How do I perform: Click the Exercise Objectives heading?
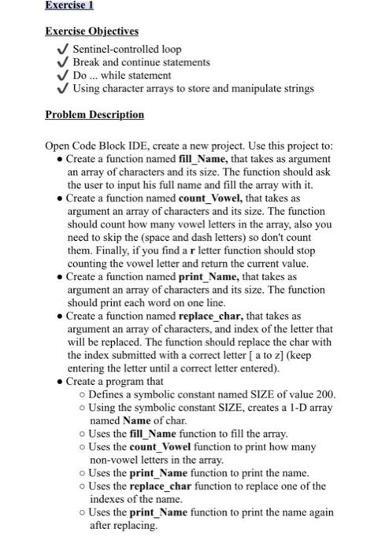(91, 31)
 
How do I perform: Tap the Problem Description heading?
(94, 115)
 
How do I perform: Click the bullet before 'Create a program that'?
(61, 379)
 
